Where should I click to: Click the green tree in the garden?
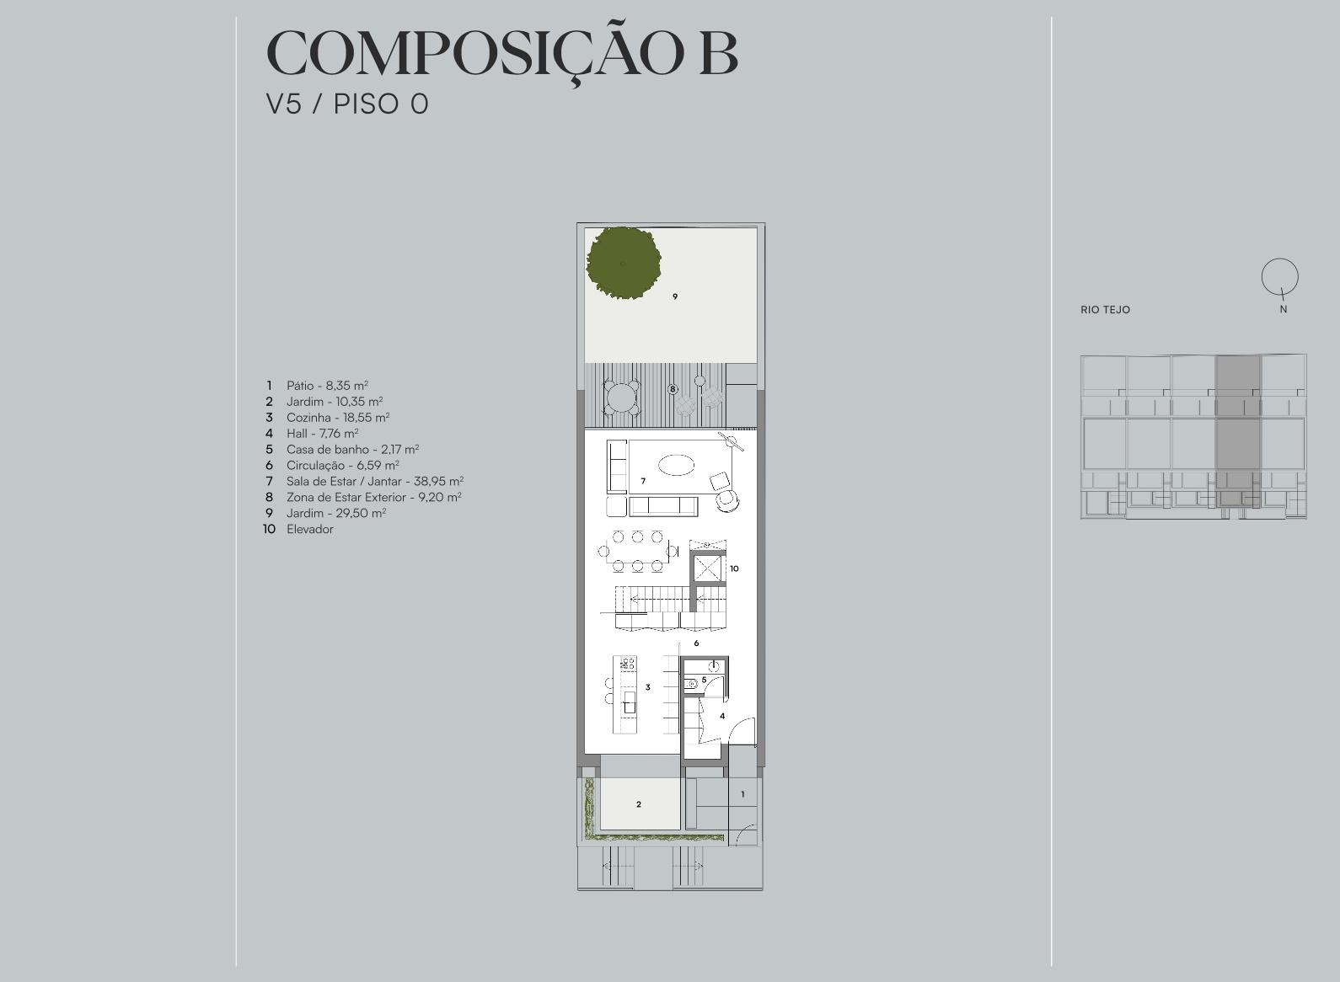coord(624,263)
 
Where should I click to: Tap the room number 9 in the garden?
coord(675,296)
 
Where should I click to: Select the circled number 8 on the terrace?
coord(673,389)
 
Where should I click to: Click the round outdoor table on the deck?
coord(623,396)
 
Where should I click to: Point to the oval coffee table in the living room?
coord(677,465)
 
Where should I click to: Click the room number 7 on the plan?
coord(643,481)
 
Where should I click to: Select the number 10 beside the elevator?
coord(734,568)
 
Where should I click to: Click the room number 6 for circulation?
coord(696,643)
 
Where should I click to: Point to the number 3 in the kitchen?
coord(648,687)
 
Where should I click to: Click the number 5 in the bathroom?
coord(704,680)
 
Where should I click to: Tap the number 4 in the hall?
coord(722,716)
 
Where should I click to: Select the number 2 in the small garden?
coord(638,804)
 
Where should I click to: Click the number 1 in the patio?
coord(742,794)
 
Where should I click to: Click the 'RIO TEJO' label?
coord(1106,310)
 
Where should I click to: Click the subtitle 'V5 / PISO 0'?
coord(347,104)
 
